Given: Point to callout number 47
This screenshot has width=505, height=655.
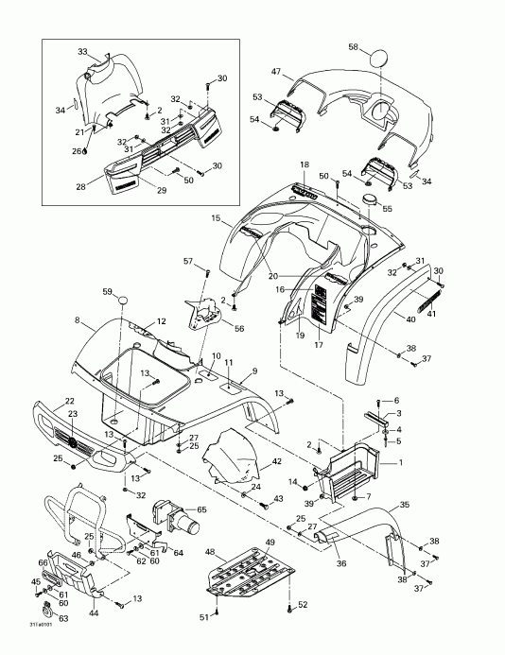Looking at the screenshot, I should coord(278,72).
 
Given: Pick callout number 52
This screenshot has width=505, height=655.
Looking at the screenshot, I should coord(303,604).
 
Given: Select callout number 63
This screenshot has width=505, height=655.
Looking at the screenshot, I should coord(63,619).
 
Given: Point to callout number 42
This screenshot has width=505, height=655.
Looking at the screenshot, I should coord(276,461).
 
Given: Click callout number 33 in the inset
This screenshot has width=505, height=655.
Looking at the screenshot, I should coord(82,51).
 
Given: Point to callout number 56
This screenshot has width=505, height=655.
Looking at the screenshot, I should coord(239,328).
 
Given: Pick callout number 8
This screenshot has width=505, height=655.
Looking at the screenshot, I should coord(77,321).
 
